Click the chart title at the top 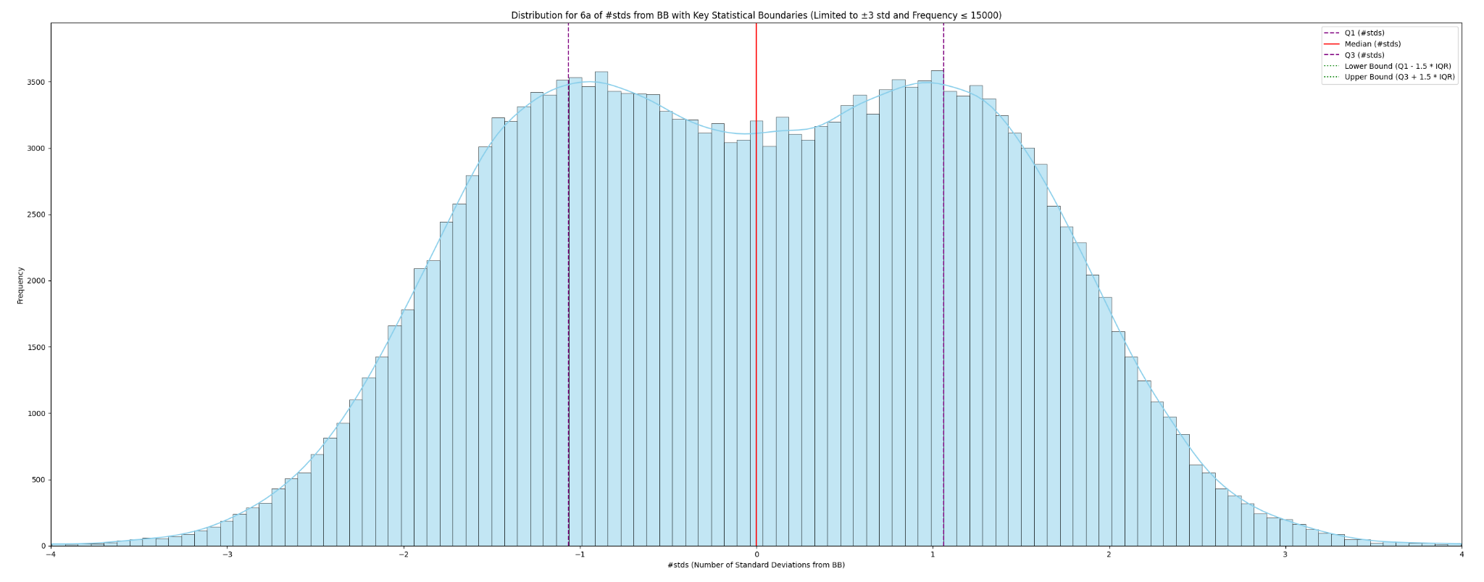[756, 15]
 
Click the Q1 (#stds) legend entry [1364, 33]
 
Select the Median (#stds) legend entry [1372, 44]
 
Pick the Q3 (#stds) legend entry [1364, 55]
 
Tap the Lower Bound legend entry [1398, 66]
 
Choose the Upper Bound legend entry [1399, 77]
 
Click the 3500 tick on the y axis [36, 82]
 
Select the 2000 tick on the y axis [36, 281]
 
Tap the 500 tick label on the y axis [38, 480]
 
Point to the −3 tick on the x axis [227, 555]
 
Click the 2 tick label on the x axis [1109, 555]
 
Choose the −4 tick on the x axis [51, 555]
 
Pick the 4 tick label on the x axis [1461, 555]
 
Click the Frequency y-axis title [20, 285]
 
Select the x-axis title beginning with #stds [756, 565]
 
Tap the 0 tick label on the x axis [756, 555]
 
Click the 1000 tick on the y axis [36, 414]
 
